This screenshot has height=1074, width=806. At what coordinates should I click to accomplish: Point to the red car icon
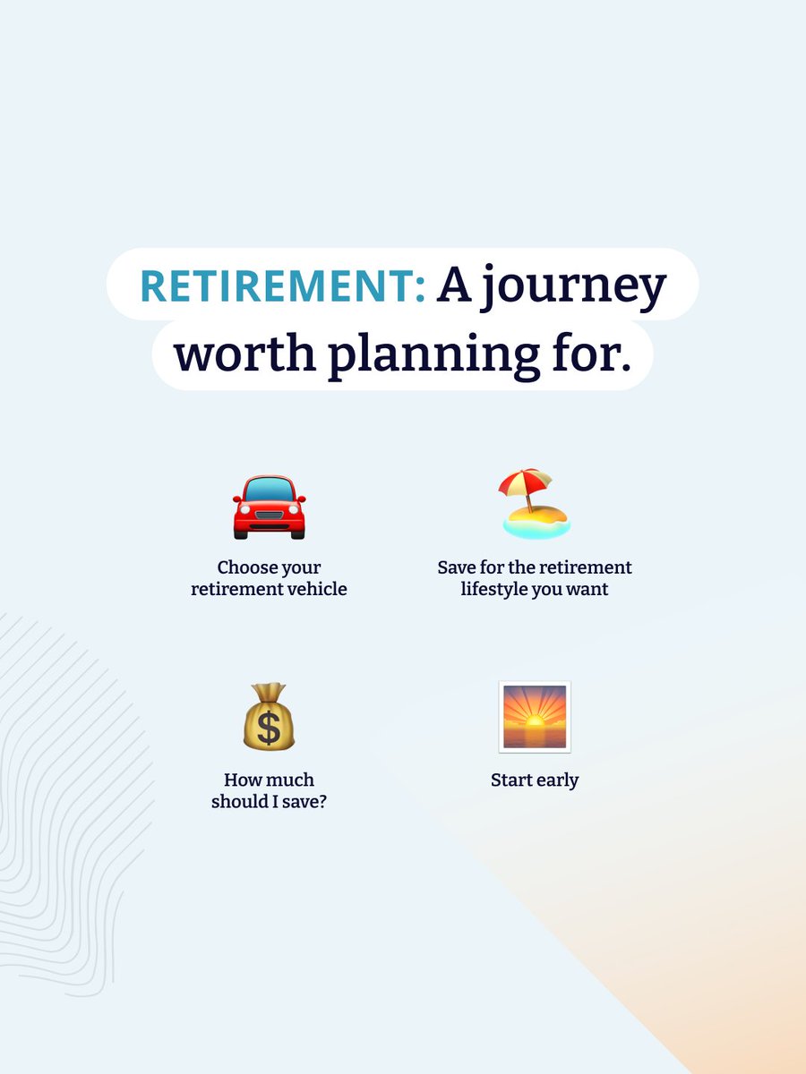click(x=269, y=507)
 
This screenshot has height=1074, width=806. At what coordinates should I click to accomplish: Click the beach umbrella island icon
click(x=536, y=505)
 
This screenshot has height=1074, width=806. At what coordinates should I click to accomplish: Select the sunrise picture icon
click(x=535, y=716)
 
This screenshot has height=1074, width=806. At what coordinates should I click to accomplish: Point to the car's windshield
click(x=269, y=490)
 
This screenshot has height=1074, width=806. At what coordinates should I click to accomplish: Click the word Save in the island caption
click(x=456, y=567)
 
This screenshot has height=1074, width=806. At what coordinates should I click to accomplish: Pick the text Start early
click(x=535, y=780)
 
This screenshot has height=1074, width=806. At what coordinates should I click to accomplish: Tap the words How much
click(x=269, y=780)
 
